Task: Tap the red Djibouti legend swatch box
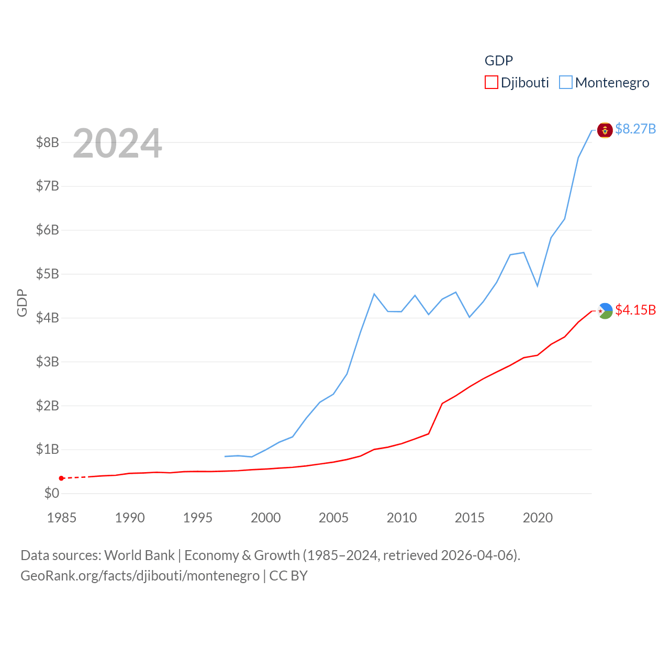click(491, 83)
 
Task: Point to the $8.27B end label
click(635, 129)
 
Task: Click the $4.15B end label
click(635, 310)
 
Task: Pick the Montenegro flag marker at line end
click(605, 130)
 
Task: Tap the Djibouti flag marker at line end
click(605, 311)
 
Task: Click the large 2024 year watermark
click(117, 143)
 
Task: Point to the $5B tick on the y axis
click(47, 274)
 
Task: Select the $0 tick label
click(51, 493)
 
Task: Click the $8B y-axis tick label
click(47, 142)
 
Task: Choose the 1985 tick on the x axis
click(62, 518)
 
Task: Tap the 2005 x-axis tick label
click(333, 518)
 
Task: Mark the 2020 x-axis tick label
click(538, 518)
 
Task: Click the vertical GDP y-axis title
click(22, 303)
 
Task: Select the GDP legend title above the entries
click(498, 61)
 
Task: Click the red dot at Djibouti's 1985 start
click(61, 478)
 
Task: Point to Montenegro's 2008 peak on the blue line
click(374, 294)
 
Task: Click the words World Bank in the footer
click(139, 555)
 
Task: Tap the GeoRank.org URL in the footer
click(140, 576)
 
